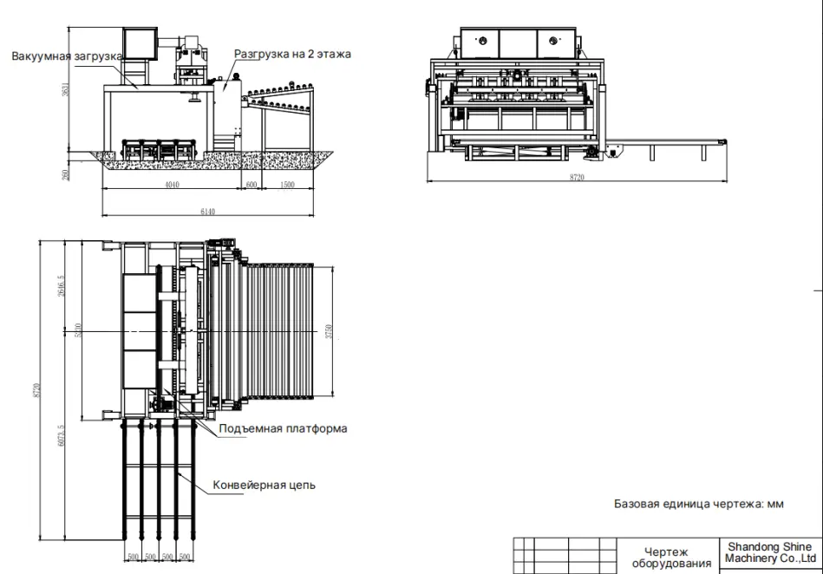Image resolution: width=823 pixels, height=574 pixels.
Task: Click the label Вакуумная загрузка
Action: (x=67, y=57)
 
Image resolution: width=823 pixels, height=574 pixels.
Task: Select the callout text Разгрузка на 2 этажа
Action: (x=292, y=54)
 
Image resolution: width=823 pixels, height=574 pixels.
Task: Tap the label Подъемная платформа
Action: (x=283, y=428)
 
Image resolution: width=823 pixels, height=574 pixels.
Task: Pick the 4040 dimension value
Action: (x=172, y=186)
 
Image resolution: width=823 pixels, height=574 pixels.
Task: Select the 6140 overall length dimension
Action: (x=207, y=211)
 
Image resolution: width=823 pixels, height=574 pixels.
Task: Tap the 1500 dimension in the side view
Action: (x=287, y=186)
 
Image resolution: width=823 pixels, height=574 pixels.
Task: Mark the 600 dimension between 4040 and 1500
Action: (x=251, y=186)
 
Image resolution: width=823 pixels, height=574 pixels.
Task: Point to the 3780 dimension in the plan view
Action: (x=329, y=331)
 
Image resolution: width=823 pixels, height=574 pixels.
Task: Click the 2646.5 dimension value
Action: (x=59, y=286)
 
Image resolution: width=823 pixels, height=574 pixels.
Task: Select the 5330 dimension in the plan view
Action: (x=79, y=331)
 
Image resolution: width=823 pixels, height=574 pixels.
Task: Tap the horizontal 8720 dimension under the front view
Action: (x=576, y=177)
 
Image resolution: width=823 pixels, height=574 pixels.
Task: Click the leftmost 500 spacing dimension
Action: (x=133, y=556)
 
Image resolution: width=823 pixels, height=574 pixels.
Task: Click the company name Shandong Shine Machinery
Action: (x=768, y=552)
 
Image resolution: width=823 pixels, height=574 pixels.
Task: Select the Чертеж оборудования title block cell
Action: (x=666, y=558)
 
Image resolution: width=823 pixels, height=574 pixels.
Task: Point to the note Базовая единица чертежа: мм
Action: (x=699, y=504)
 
